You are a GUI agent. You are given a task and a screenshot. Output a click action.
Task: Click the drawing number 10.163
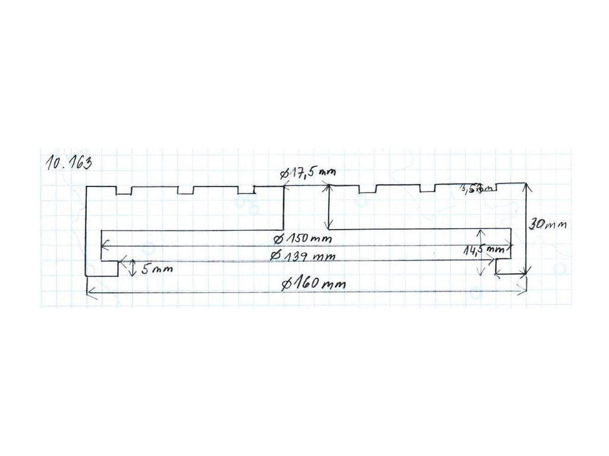point(68,163)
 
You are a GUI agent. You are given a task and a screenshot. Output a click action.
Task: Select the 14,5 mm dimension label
point(484,251)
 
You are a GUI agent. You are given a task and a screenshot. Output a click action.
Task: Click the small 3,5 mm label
point(478,189)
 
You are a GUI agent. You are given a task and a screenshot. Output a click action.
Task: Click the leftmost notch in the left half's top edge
point(124,191)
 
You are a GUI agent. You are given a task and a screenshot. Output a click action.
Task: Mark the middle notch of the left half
point(186,191)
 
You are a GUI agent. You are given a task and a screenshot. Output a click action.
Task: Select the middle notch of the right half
point(427,188)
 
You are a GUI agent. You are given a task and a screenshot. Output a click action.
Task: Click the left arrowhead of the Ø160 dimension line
point(90,292)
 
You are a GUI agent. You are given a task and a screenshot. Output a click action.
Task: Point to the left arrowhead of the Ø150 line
point(105,243)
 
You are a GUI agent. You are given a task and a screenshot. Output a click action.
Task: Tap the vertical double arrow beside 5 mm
point(132,269)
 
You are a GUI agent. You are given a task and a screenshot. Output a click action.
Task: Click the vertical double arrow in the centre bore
point(327,207)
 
